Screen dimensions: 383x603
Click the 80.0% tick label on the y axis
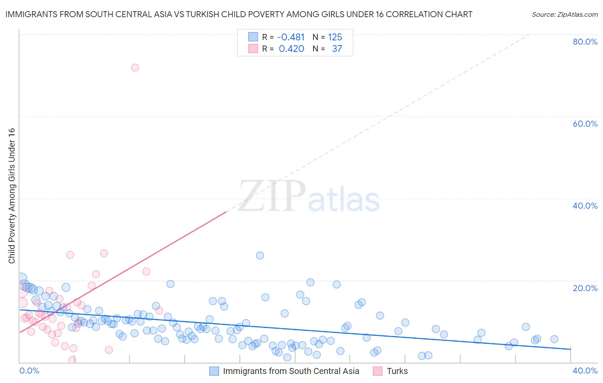585,42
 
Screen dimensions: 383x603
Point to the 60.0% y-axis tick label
585,124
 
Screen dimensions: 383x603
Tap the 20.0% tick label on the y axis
585,288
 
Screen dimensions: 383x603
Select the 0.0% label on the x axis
29,371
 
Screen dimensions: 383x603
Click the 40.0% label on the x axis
585,371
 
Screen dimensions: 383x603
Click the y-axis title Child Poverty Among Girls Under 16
12,196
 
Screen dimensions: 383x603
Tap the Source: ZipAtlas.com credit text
564,15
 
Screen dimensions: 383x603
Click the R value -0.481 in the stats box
291,37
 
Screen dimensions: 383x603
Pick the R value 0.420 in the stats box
291,49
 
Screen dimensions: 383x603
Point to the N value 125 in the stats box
335,37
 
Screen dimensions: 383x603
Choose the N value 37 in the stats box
337,49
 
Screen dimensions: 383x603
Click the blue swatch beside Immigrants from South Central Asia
214,371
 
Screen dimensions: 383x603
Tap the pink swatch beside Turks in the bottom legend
377,371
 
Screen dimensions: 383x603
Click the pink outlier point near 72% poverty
135,67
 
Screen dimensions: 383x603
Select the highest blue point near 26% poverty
260,255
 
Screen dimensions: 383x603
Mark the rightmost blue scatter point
554,339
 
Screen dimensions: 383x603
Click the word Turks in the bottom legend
397,371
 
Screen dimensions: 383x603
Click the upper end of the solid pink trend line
226,212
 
